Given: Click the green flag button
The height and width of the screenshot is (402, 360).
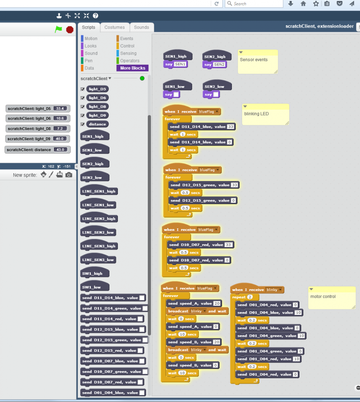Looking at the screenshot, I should click(59, 29).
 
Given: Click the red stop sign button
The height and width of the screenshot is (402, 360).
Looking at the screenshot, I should click(70, 29).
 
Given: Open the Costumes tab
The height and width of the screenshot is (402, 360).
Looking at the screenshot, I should click(115, 27).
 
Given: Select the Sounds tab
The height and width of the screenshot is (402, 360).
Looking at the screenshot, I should click(141, 27).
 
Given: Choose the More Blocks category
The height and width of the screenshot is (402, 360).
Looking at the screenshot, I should click(132, 68).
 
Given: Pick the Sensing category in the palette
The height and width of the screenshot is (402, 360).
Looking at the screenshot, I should click(128, 53).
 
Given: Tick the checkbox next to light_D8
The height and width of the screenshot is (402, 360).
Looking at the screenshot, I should click(83, 106).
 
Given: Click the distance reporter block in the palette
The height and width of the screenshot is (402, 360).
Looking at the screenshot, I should click(97, 124).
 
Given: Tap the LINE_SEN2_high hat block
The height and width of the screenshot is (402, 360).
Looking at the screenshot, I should click(99, 219).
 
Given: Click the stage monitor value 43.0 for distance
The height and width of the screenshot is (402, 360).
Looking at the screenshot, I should click(61, 150).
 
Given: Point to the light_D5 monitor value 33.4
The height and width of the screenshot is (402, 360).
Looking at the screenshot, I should click(60, 108).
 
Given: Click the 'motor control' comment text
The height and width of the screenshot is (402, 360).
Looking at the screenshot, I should click(323, 297).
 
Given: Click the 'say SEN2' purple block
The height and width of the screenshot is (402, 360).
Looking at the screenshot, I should click(214, 64).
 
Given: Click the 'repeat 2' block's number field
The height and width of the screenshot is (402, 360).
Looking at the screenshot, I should click(250, 297).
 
